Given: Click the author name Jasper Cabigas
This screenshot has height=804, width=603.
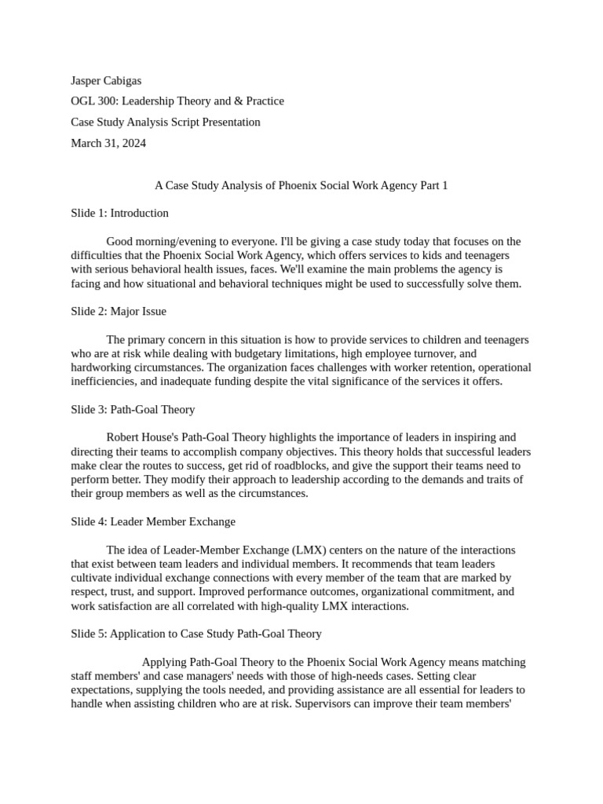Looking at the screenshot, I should [106, 80].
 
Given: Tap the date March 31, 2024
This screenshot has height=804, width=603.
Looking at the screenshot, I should [108, 143].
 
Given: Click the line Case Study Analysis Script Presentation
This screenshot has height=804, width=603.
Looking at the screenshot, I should [166, 122].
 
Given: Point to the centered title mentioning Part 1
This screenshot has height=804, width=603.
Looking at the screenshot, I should [301, 186].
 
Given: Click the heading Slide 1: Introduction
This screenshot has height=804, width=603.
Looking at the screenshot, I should [119, 213].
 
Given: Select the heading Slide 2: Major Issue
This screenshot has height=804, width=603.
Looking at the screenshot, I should [119, 311].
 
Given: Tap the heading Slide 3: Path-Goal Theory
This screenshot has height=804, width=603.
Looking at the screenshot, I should [133, 409].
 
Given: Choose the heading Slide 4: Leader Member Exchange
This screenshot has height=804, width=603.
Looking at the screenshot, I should [153, 521].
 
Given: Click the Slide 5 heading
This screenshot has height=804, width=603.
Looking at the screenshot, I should [196, 634].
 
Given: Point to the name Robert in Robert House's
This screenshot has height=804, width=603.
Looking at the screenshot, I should [124, 437].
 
